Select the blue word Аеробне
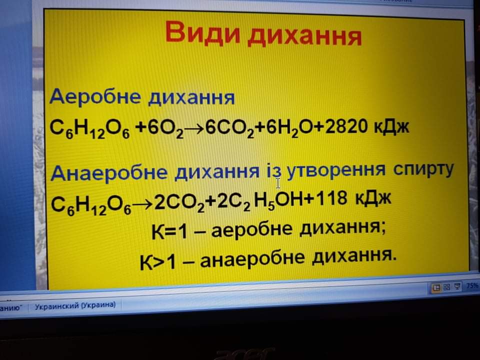point(95,96)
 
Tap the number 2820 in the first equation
point(346,126)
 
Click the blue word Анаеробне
point(109,173)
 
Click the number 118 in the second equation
point(331,198)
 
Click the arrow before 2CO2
point(142,204)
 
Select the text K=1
point(169,231)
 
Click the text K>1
point(157,262)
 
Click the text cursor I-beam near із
point(278,183)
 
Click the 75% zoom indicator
point(472,285)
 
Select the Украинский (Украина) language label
point(75,305)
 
